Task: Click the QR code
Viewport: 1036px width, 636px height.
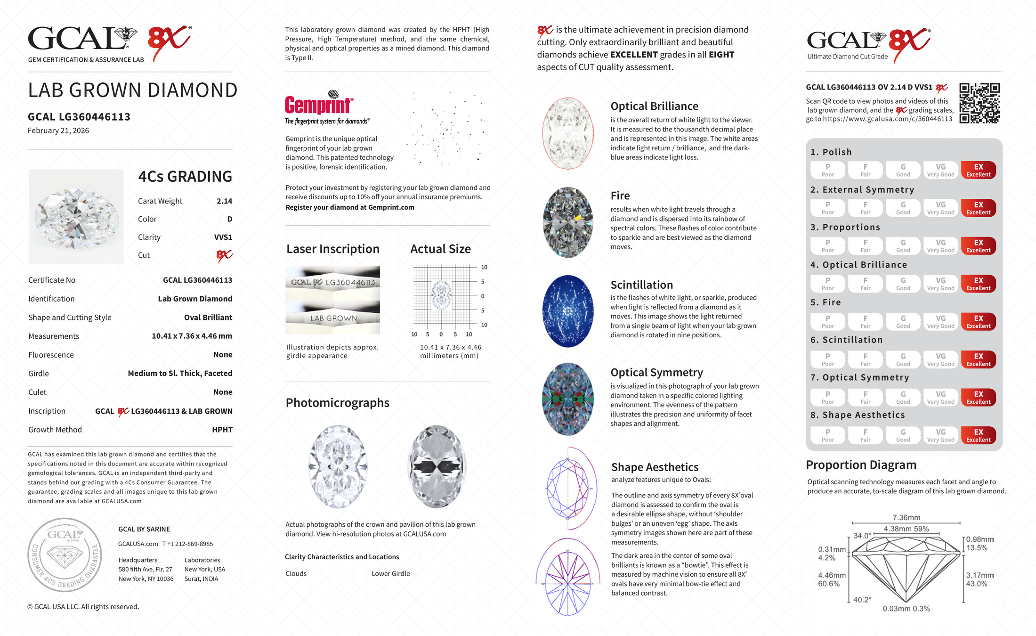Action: pos(979,103)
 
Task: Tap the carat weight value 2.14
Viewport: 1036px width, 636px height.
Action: pos(224,201)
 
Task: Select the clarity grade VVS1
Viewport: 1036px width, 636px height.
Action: pos(223,237)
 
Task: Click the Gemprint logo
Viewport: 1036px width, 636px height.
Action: pos(319,105)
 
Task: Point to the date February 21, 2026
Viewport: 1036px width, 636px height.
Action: pos(58,131)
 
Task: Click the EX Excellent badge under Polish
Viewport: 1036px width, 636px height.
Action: pos(978,170)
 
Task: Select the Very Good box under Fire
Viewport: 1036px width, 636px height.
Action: pos(940,322)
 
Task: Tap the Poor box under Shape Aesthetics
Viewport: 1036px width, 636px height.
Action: pos(827,435)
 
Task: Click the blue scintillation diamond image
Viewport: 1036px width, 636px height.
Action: pos(568,311)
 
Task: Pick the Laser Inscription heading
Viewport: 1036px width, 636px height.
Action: pos(333,249)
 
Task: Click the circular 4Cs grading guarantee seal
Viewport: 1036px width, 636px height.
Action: pos(65,555)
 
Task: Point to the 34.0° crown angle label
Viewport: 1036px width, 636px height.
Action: pos(862,536)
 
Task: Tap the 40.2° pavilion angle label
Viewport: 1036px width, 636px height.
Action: pos(862,600)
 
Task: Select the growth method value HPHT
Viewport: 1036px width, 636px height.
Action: pos(222,430)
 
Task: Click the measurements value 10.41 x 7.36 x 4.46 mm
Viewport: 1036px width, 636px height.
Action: pos(192,336)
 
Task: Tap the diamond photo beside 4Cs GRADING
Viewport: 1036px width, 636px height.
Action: pos(76,216)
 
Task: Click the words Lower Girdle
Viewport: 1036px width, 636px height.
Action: pos(391,574)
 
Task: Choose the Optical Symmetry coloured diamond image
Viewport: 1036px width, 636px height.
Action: pos(568,399)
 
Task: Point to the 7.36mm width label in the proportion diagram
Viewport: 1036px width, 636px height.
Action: pos(906,518)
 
